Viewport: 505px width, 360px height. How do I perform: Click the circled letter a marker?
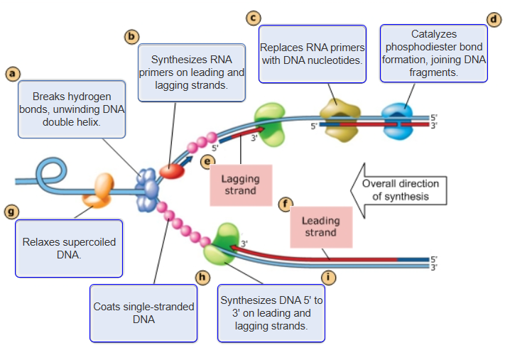coord(11,73)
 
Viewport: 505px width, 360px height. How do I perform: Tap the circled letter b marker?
coord(131,36)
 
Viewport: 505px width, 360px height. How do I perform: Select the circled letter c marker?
coord(252,17)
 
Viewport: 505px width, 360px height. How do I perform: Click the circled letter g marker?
coord(11,212)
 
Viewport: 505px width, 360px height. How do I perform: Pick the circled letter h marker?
coord(203,277)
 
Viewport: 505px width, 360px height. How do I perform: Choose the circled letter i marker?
coord(327,277)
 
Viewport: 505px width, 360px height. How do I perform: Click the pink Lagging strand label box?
coord(241,185)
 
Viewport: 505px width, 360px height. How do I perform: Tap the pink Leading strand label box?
coord(321,227)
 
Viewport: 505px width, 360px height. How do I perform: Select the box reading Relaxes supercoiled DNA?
coord(69,248)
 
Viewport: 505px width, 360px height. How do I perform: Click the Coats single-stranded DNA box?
coord(143,313)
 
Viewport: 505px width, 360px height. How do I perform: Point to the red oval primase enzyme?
coord(171,170)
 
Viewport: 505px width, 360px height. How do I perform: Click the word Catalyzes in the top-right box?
coord(434,34)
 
